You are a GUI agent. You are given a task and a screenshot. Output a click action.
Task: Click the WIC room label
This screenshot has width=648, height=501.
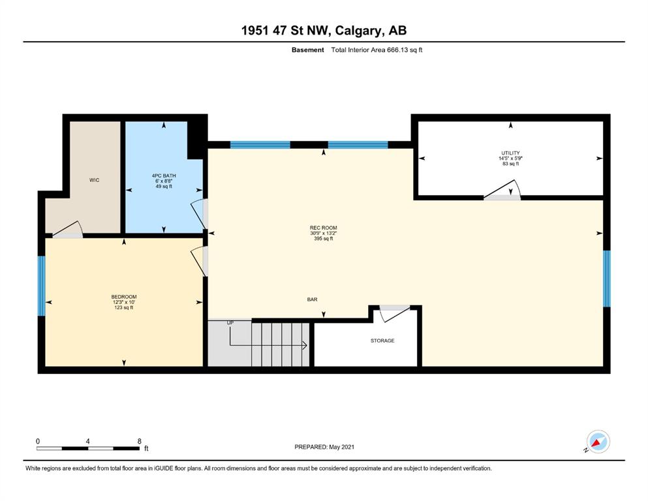coord(94,180)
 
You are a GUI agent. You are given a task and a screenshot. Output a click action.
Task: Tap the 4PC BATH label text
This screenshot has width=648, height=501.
coord(164,175)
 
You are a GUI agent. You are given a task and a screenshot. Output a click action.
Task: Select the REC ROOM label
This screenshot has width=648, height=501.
coord(323,228)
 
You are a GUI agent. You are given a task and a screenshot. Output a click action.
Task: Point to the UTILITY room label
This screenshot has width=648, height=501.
coord(510,153)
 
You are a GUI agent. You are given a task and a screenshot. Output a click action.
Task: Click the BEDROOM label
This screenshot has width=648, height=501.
coord(123,297)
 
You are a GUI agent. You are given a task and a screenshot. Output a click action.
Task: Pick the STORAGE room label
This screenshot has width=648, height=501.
coord(382,341)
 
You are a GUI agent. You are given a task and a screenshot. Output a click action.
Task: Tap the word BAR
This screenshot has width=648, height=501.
coord(312,299)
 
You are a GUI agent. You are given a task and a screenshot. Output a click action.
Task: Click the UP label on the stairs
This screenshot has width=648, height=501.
coord(230,322)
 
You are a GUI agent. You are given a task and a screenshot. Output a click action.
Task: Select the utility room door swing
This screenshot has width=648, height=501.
coord(502,190)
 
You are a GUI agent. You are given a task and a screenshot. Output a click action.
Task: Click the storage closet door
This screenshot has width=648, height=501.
coord(394,314)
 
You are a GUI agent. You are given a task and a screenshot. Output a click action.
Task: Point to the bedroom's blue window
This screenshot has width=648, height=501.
coord(41,286)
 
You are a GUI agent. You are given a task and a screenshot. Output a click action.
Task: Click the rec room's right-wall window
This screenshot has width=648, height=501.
coord(606,279)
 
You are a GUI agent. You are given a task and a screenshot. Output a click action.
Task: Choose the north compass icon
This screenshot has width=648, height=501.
coord(598,442)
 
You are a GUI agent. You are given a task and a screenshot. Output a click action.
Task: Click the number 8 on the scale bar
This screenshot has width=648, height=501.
coord(140,441)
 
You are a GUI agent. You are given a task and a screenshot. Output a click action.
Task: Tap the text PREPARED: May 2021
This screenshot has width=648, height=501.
coord(324,447)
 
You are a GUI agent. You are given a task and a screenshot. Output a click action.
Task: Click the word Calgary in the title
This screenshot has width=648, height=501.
coord(358,31)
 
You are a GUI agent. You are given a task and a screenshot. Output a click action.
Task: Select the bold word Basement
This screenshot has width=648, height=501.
coord(308,50)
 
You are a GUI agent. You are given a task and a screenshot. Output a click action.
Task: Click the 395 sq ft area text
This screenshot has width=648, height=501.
coord(323,239)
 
